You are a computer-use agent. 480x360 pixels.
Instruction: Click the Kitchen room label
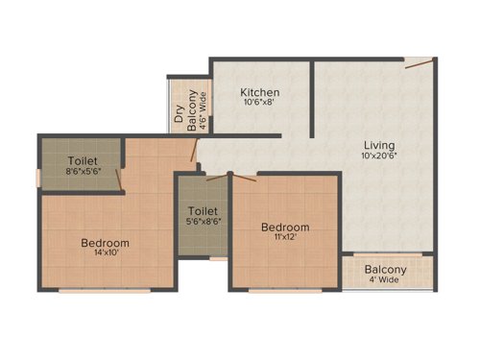[x=259, y=91]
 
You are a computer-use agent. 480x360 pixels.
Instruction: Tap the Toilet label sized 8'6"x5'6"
[x=82, y=161]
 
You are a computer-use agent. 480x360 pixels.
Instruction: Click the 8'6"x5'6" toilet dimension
[x=82, y=174]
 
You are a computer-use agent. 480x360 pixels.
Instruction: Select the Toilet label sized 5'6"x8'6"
[x=202, y=209]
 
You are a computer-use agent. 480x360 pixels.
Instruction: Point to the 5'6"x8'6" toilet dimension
[x=202, y=222]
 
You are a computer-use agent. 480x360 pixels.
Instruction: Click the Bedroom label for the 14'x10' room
[x=105, y=243]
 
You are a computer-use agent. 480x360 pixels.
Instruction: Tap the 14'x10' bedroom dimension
[x=105, y=255]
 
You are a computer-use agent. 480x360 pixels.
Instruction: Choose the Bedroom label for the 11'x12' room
[x=286, y=227]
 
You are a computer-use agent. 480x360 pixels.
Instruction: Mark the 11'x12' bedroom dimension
[x=286, y=238]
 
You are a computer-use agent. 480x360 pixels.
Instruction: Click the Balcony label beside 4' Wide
[x=385, y=270]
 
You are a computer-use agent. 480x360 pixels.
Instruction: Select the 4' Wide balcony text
[x=385, y=282]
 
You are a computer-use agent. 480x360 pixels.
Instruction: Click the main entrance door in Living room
[x=418, y=64]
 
